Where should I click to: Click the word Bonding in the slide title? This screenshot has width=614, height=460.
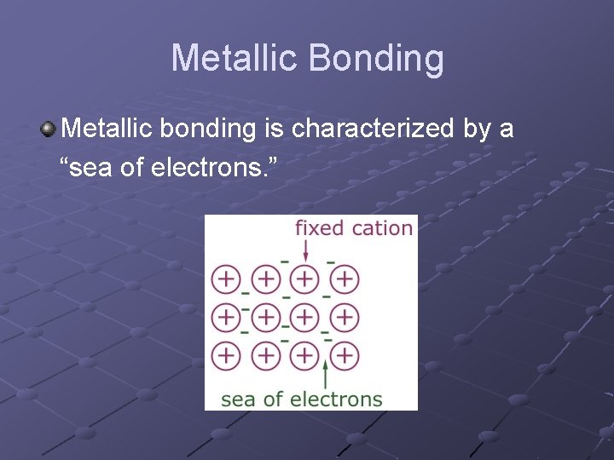coord(376,59)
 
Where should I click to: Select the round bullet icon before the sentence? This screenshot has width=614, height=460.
coord(48,129)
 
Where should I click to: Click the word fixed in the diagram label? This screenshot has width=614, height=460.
coord(319,227)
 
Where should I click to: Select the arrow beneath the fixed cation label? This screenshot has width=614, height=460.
coord(306,250)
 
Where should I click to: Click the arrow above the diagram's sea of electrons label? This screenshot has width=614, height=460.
coord(326,374)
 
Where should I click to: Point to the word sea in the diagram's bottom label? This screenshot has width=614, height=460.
coord(239,399)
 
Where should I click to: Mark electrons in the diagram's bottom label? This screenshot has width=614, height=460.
coord(335,399)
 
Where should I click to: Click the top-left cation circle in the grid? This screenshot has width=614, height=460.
coord(226,278)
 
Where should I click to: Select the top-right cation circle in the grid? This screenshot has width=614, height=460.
coord(345,278)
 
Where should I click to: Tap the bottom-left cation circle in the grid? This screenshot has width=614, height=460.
coord(226,354)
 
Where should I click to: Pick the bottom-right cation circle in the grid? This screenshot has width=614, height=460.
coord(345,354)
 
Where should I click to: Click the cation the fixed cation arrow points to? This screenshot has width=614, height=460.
coord(304,278)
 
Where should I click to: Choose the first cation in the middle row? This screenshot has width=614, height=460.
coord(226,317)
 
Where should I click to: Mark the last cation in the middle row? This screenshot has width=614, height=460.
coord(345,317)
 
